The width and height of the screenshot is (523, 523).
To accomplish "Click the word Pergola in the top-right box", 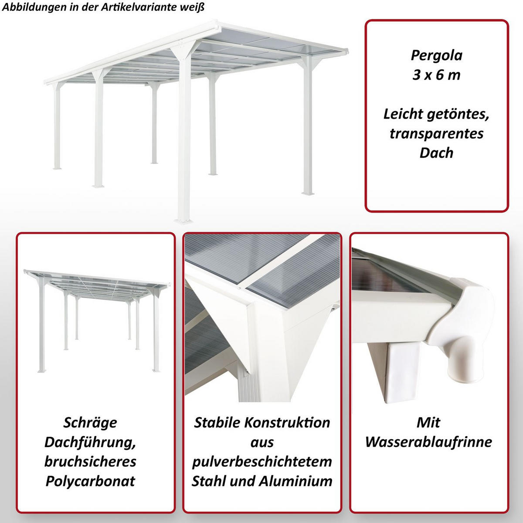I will [436, 56].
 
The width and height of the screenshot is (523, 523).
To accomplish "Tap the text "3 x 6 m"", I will [436, 75].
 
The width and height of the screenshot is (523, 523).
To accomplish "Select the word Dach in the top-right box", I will [436, 153].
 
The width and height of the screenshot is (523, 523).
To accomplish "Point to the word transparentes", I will [436, 133].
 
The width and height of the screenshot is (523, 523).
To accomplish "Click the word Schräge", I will [90, 423].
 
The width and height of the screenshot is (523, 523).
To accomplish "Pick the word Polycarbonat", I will [90, 481].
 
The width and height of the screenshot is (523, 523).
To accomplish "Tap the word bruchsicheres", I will [90, 462].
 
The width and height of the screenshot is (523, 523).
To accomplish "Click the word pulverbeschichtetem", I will [262, 462].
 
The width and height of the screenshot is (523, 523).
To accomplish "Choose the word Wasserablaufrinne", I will [428, 442].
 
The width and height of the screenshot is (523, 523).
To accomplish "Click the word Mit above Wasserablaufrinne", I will [428, 423].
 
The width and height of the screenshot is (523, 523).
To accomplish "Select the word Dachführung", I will [90, 442].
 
